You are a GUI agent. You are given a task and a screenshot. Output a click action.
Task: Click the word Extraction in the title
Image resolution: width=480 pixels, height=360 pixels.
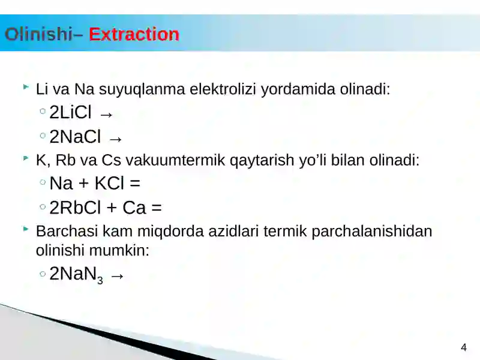[134, 34]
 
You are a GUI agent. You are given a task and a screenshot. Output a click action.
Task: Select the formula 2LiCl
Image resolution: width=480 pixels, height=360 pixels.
[70, 112]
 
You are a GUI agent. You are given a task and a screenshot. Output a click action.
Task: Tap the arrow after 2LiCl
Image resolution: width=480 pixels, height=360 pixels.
[106, 113]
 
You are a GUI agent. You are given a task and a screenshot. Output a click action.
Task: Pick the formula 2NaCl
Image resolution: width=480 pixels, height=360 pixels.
[75, 137]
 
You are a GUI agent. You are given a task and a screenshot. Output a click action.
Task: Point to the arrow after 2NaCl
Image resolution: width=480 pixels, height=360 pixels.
[116, 139]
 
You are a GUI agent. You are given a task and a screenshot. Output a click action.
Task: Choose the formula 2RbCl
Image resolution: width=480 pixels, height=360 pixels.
[76, 208]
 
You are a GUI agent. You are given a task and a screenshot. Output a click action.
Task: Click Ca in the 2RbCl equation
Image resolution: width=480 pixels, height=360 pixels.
[134, 208]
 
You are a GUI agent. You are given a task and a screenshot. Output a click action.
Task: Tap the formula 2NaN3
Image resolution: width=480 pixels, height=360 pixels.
[76, 275]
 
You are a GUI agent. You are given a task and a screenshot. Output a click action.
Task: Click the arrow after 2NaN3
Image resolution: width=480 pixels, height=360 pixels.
[118, 276]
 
